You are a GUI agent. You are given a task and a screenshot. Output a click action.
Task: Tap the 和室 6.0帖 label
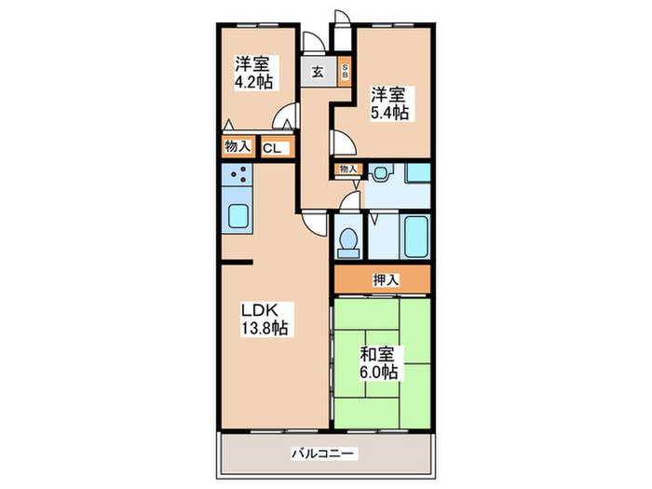(x=379, y=363)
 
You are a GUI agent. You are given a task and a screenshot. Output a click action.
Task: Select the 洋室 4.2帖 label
(x=252, y=73)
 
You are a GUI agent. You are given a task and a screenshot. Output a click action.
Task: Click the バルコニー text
(x=323, y=455)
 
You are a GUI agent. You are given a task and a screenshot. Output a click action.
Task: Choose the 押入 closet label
(x=385, y=278)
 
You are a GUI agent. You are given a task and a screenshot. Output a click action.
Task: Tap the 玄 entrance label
(x=318, y=73)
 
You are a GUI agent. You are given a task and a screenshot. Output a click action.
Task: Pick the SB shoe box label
(x=345, y=72)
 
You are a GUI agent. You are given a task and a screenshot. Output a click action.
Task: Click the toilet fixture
(x=348, y=239)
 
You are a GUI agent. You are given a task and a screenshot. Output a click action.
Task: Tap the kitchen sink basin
(x=238, y=218)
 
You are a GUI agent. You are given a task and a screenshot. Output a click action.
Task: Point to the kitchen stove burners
(x=237, y=174)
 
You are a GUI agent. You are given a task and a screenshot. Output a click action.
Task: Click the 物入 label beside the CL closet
(x=237, y=146)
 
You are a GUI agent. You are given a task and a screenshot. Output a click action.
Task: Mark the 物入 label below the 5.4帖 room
(x=347, y=169)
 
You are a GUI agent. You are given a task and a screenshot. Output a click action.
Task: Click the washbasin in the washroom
(x=382, y=172)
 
